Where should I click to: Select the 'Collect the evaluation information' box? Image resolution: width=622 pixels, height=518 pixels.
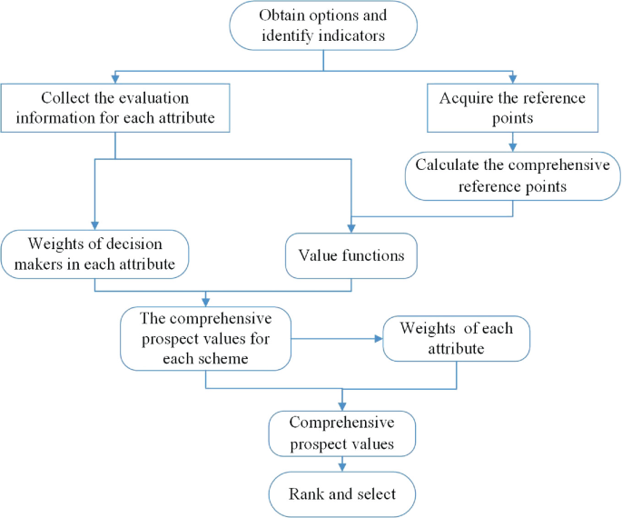click(114, 109)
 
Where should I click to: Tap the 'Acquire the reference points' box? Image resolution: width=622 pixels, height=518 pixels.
click(514, 109)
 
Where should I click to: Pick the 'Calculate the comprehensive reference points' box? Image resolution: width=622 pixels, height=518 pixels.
click(514, 174)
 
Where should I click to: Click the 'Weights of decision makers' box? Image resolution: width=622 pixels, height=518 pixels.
click(94, 254)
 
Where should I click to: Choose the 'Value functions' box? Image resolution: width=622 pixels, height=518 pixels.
click(351, 256)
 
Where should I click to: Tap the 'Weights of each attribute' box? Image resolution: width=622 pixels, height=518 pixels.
click(455, 337)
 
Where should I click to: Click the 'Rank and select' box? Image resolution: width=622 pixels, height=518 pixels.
click(342, 495)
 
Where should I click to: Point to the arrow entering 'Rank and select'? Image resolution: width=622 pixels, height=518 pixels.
click(342, 464)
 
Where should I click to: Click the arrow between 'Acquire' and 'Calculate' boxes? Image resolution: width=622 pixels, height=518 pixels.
click(514, 141)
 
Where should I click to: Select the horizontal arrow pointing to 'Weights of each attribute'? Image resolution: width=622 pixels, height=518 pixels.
click(336, 338)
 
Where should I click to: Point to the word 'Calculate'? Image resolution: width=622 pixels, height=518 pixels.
click(445, 164)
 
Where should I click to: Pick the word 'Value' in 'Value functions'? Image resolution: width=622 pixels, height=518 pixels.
click(317, 256)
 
